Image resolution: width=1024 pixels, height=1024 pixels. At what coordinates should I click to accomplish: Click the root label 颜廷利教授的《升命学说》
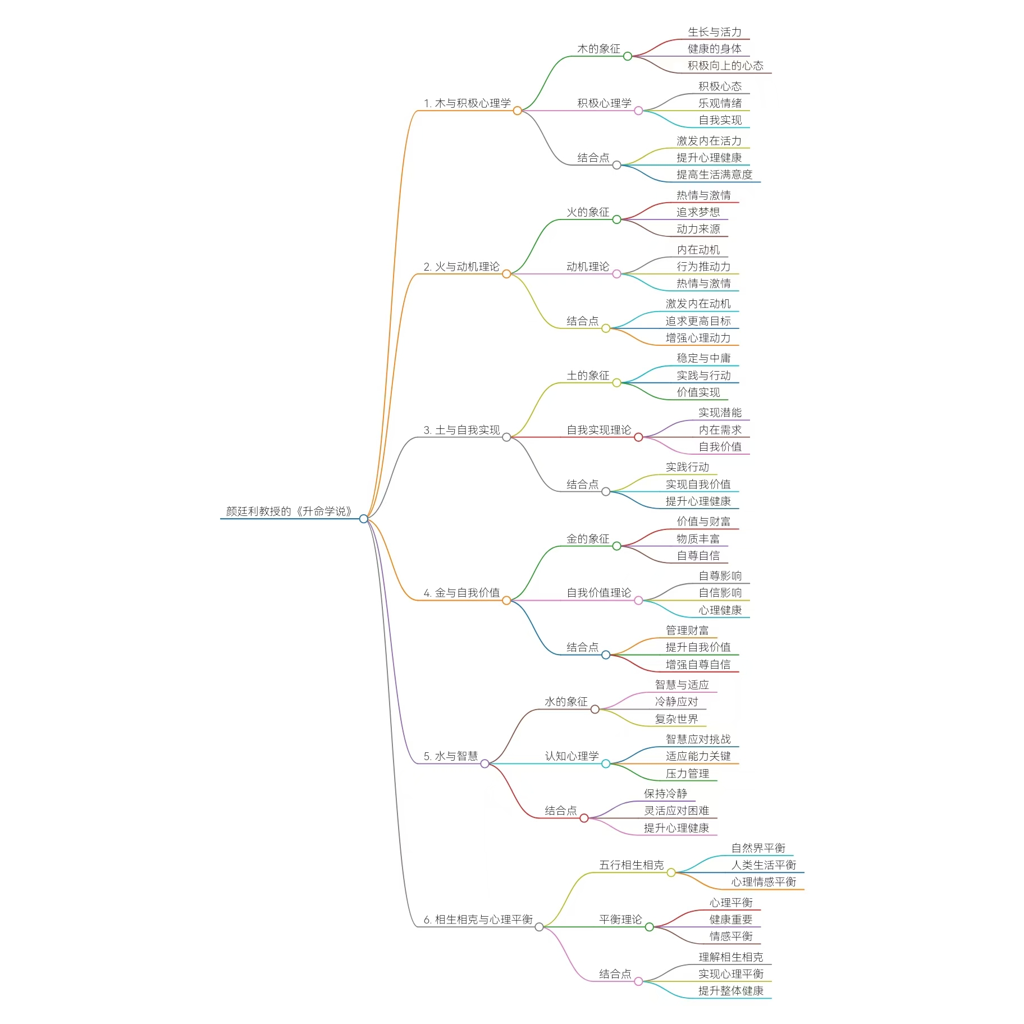[x=289, y=511]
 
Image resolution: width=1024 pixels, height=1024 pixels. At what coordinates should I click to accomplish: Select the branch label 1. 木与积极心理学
[x=467, y=103]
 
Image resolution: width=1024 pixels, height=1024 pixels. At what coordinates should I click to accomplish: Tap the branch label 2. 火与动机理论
[x=461, y=267]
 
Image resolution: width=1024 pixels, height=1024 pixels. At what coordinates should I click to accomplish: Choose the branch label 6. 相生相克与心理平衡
[x=478, y=919]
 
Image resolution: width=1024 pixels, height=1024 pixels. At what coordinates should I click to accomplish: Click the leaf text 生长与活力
[x=714, y=32]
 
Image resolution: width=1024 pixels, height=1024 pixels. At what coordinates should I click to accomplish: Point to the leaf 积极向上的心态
[x=725, y=66]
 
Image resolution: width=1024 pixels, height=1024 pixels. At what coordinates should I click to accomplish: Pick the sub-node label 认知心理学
[x=572, y=756]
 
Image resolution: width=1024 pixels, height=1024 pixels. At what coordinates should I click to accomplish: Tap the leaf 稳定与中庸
[x=703, y=358]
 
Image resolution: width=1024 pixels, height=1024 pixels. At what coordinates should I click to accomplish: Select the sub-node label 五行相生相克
[x=631, y=865]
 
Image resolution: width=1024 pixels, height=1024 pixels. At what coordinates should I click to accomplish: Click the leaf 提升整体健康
[x=730, y=990]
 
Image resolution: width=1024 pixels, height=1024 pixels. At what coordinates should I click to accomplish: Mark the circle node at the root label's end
[x=364, y=519]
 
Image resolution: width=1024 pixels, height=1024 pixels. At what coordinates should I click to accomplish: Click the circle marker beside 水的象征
[x=595, y=710]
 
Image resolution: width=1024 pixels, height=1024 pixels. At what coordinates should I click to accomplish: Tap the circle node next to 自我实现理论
[x=638, y=437]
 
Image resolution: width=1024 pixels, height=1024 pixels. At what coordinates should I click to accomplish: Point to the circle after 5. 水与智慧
[x=484, y=764]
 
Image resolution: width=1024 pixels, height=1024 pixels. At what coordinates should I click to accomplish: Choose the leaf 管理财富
[x=687, y=630]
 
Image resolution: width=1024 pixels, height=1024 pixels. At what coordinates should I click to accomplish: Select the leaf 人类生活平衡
[x=764, y=865]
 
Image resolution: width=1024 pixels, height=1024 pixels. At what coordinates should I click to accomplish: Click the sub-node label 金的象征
[x=587, y=539]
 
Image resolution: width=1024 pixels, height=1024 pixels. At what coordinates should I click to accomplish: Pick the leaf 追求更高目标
[x=698, y=321]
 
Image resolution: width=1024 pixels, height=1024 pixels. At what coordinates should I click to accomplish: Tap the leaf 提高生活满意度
[x=714, y=175]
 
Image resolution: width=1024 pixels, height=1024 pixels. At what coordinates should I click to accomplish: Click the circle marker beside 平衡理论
[x=650, y=927]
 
